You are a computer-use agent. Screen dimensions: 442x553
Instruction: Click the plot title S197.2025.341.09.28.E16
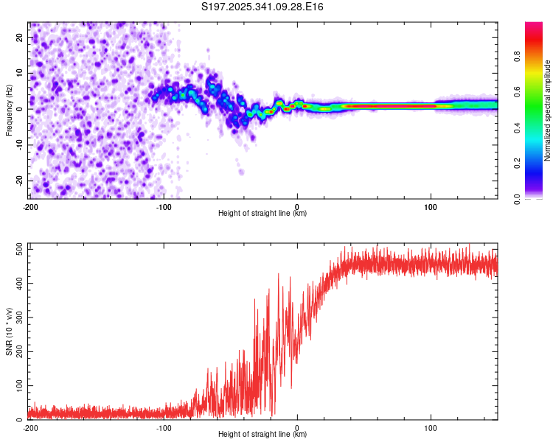click(x=263, y=7)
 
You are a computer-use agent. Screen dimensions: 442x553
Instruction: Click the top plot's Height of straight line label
click(x=262, y=213)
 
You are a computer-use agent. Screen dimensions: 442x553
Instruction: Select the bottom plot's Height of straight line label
click(x=262, y=434)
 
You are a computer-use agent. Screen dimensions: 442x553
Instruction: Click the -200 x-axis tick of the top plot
click(x=30, y=207)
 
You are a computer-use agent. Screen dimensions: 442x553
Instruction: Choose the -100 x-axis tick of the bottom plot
click(x=164, y=427)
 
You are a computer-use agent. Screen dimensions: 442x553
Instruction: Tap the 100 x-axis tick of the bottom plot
click(x=431, y=427)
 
